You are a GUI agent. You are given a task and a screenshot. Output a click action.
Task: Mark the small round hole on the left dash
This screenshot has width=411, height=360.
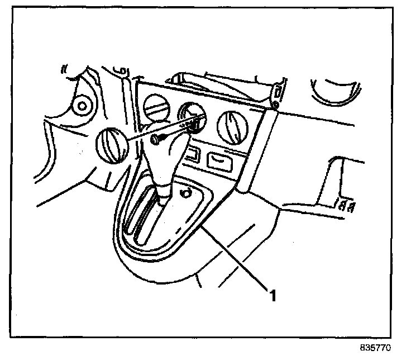82,105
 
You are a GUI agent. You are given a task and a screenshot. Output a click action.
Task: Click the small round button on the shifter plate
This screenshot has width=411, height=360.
186,193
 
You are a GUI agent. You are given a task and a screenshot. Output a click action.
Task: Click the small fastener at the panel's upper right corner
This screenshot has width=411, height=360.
275,105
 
